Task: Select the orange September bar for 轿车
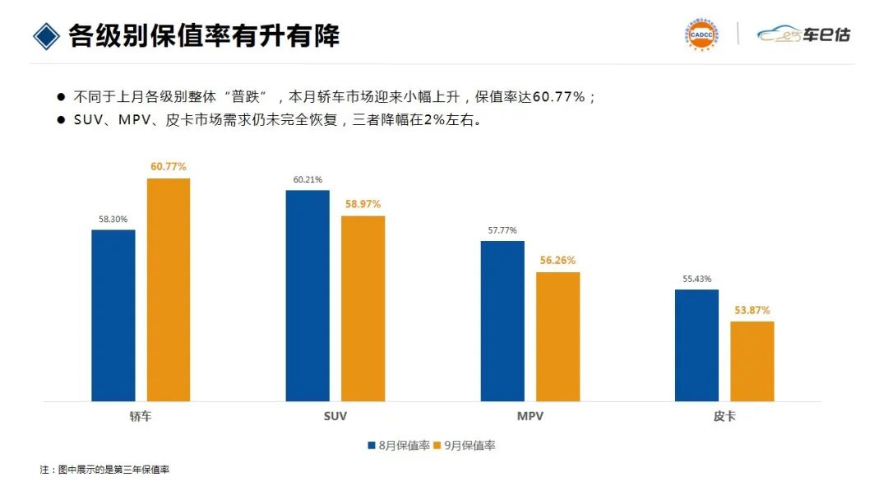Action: (169, 289)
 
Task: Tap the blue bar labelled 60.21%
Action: (308, 295)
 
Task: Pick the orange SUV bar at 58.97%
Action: (363, 308)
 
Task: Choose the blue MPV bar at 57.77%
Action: (502, 321)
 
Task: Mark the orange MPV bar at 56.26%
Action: (558, 336)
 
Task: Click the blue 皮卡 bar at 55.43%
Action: (697, 345)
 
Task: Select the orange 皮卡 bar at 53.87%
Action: (752, 361)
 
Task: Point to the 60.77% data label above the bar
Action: (169, 167)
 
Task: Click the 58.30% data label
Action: (113, 220)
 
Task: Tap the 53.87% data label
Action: (752, 310)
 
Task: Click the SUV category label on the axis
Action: (335, 417)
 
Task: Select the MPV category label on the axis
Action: (530, 417)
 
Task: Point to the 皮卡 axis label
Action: (724, 417)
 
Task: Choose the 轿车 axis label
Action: (141, 417)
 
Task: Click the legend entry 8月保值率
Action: (399, 446)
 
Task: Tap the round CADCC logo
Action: (700, 34)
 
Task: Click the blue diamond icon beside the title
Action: (47, 35)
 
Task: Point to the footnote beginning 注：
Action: (104, 470)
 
